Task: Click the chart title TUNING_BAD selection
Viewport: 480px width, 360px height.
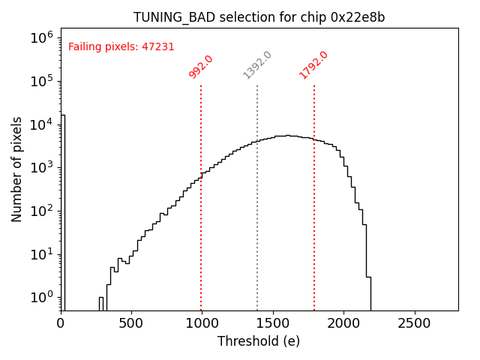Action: [259, 17]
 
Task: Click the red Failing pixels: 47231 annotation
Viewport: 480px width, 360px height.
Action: [121, 47]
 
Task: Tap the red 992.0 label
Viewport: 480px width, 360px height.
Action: [201, 66]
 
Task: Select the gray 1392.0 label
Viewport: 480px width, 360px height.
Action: [257, 65]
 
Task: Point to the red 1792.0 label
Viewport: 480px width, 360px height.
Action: [313, 65]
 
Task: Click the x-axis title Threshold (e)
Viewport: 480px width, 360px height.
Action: [259, 341]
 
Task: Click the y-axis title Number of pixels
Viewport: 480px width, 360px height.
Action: [17, 169]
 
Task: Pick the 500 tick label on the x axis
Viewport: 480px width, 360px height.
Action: [131, 323]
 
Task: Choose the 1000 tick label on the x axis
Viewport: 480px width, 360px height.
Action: [202, 323]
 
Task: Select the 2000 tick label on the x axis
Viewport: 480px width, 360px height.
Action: [343, 323]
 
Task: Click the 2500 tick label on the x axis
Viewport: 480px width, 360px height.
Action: [414, 323]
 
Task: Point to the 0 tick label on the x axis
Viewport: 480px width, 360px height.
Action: [61, 323]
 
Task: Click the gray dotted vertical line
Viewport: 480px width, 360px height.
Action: [257, 225]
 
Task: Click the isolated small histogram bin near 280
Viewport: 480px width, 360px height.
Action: [100, 303]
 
